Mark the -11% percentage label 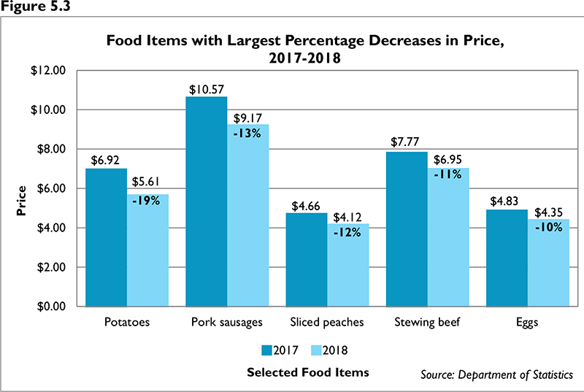(446, 176)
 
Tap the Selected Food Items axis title (307, 372)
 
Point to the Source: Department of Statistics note (496, 374)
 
